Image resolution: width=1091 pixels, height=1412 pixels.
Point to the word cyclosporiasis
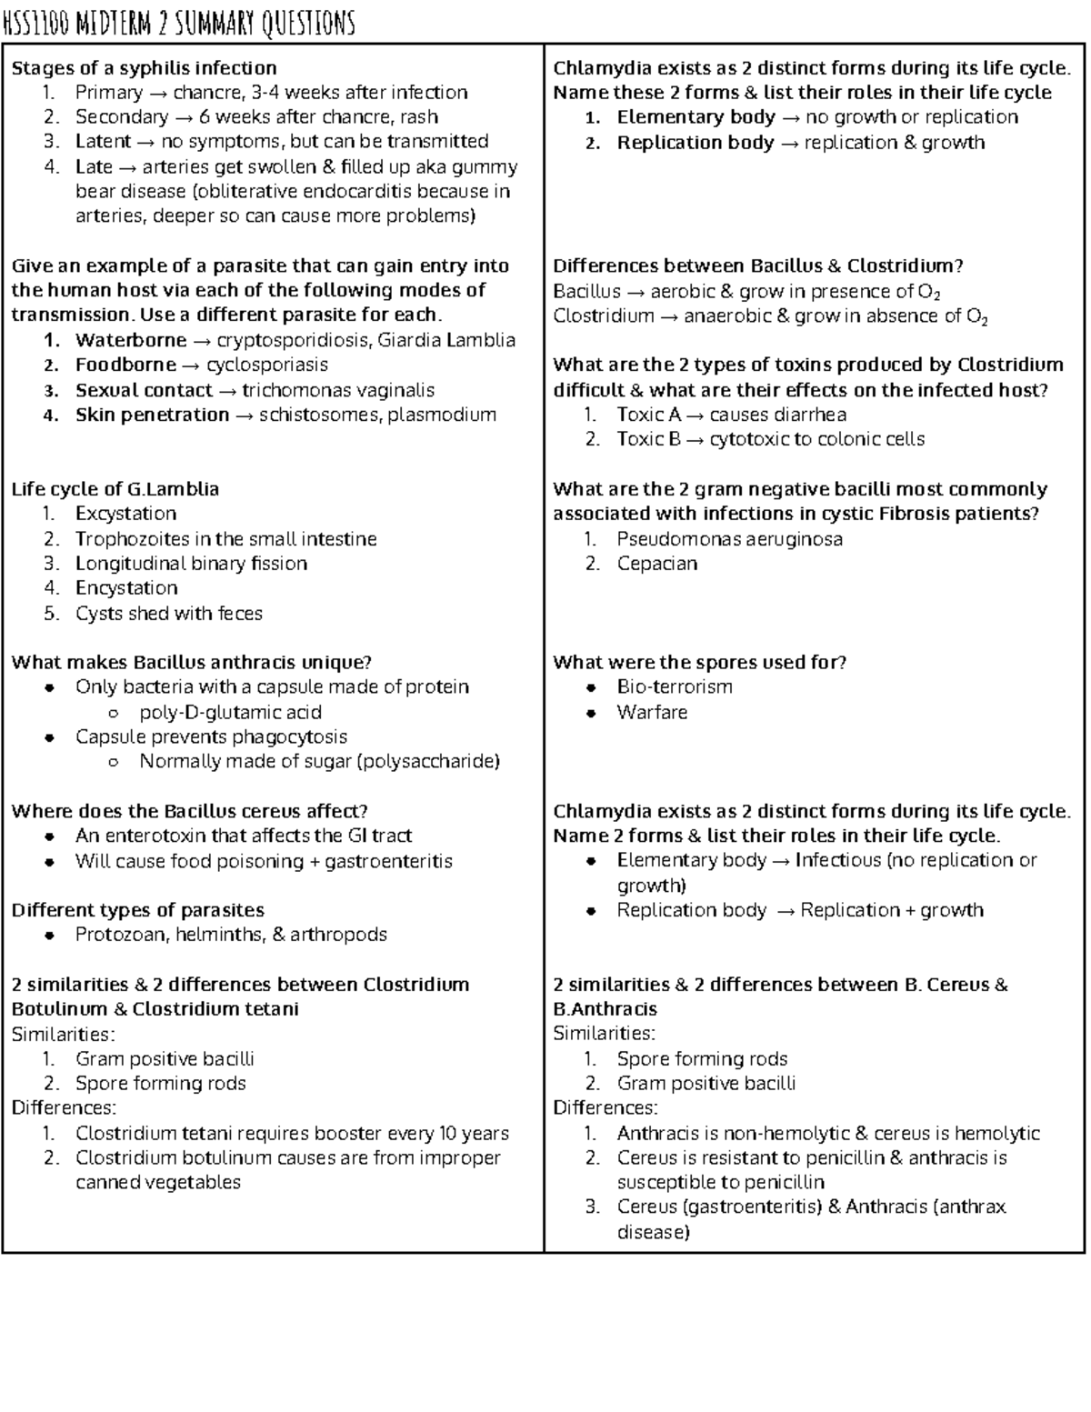(x=267, y=366)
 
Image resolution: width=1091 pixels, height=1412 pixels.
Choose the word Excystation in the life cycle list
(x=125, y=514)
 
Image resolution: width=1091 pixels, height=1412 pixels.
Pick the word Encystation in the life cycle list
(x=126, y=588)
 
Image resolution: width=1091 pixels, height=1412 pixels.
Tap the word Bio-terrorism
(x=675, y=687)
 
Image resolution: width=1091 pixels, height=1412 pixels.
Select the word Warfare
(x=652, y=713)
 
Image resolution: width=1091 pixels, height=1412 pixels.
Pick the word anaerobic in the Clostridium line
(x=724, y=316)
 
